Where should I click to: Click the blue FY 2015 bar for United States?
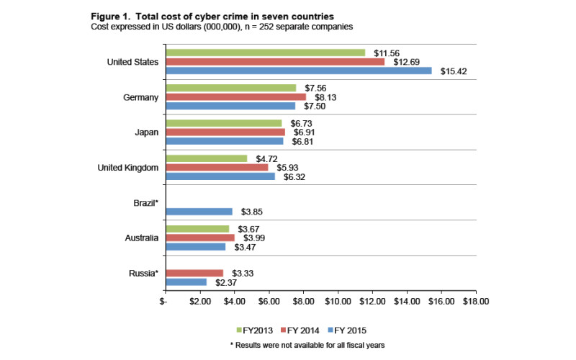(x=299, y=71)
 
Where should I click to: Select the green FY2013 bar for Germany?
(x=230, y=88)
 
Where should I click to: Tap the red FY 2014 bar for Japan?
(x=225, y=132)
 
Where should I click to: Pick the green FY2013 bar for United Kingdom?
(x=207, y=158)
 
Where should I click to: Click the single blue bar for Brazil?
(x=199, y=212)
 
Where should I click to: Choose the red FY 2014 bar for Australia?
(x=200, y=238)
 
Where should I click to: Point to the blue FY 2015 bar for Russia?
(x=186, y=282)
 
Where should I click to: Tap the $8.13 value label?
(x=324, y=96)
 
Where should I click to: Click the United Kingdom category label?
(x=127, y=168)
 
